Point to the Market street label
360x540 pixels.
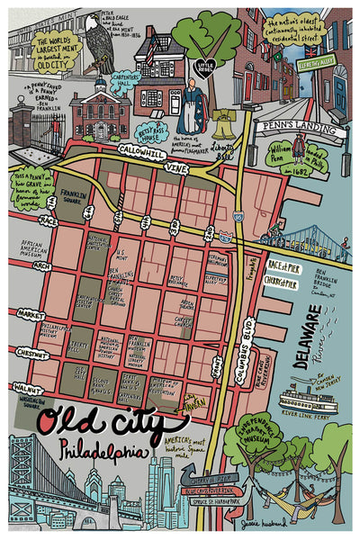30,314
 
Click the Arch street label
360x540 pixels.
41,266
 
